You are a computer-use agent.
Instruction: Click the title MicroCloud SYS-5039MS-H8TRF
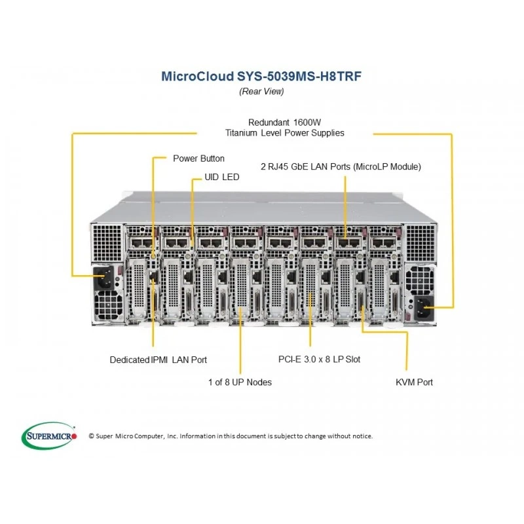coord(261,76)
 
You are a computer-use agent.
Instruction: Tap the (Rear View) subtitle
coord(261,91)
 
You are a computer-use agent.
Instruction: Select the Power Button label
coord(198,159)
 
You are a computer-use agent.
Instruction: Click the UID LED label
coord(222,177)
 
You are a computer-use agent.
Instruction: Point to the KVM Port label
coord(414,382)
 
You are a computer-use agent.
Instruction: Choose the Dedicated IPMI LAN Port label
coord(159,360)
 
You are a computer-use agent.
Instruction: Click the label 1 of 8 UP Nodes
coord(240,382)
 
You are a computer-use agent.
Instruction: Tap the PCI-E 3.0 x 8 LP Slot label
coord(319,359)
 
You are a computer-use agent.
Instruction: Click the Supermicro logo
coord(49,436)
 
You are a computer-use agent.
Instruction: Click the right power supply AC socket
coord(424,308)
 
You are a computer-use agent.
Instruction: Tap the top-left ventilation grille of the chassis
coord(107,242)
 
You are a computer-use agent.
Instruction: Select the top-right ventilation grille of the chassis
coord(421,242)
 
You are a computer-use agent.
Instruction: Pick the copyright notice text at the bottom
coord(231,436)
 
